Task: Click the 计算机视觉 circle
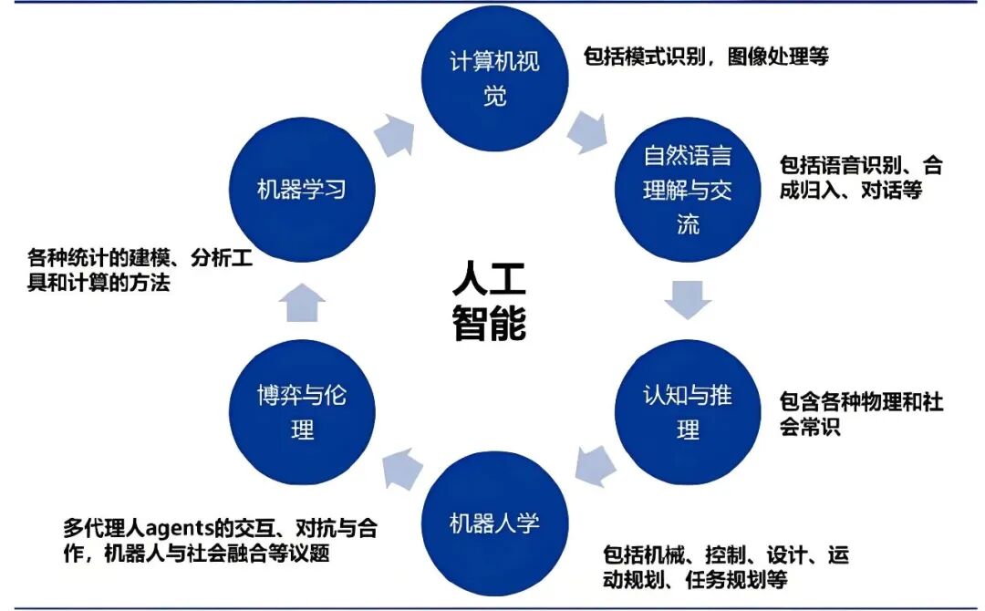[494, 78]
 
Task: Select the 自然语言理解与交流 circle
[688, 191]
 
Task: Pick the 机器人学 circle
[494, 523]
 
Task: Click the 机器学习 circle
[302, 191]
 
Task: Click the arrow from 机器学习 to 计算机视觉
[394, 133]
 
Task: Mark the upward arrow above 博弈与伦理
[301, 303]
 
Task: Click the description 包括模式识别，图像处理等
[706, 57]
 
